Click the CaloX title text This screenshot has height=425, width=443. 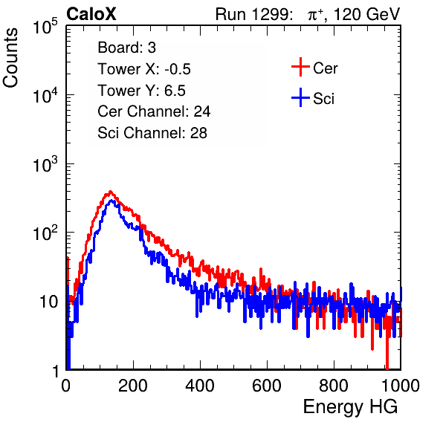click(x=91, y=14)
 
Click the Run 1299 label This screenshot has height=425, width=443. click(x=253, y=14)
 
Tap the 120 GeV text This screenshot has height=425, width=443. click(x=367, y=14)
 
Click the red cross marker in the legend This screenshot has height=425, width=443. click(x=300, y=67)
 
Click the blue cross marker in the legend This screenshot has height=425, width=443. click(x=300, y=97)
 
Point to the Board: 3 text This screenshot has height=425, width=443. click(x=126, y=48)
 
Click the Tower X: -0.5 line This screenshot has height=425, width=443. click(x=144, y=69)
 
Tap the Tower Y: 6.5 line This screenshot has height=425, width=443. click(x=141, y=91)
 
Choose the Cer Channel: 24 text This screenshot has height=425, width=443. click(x=154, y=111)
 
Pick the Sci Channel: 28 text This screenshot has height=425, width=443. click(x=152, y=133)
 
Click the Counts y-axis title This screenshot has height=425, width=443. click(x=10, y=58)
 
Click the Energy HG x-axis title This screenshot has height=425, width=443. click(x=350, y=407)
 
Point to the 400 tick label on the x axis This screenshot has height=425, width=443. click(x=200, y=385)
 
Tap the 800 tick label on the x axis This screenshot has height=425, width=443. click(x=334, y=385)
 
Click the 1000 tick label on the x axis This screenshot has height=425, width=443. click(x=401, y=385)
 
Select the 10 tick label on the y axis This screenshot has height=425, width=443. click(x=49, y=302)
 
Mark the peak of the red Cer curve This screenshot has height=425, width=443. click(x=110, y=192)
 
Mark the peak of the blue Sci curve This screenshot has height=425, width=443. click(x=112, y=201)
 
